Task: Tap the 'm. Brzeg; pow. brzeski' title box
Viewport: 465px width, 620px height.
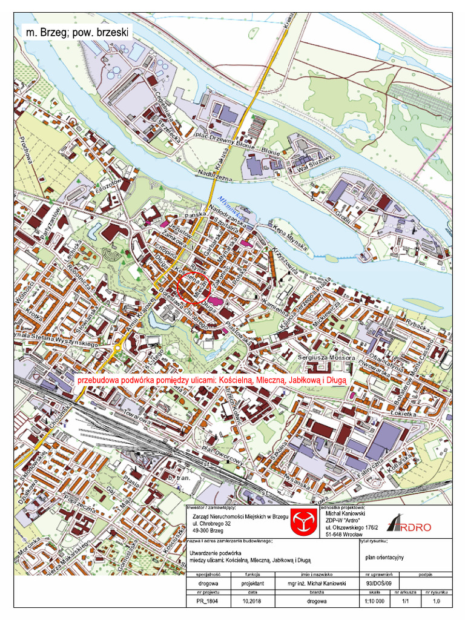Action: click(x=76, y=33)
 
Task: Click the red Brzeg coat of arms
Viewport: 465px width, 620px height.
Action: click(x=300, y=521)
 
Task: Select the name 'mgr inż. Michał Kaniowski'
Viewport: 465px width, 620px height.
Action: click(x=317, y=584)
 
